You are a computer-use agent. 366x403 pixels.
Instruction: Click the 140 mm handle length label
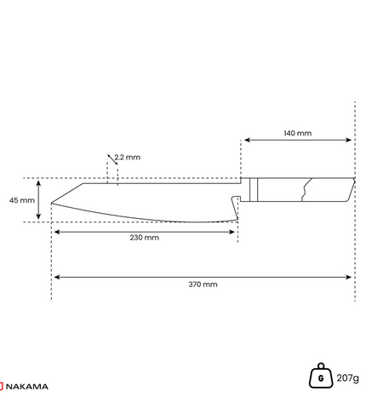tap(298, 133)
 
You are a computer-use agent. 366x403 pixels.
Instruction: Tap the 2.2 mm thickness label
tap(128, 157)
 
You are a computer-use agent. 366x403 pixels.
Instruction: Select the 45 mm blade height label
tap(22, 200)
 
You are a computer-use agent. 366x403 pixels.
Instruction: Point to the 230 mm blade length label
tap(145, 238)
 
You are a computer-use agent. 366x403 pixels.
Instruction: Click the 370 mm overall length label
tap(203, 285)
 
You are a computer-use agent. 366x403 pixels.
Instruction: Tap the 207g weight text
tap(347, 378)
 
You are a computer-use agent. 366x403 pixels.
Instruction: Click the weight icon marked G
tap(321, 376)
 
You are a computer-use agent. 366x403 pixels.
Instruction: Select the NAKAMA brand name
tap(27, 387)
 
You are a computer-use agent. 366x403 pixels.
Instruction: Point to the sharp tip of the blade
tap(52, 203)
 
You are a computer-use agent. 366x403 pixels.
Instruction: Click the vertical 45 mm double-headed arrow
tap(38, 200)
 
